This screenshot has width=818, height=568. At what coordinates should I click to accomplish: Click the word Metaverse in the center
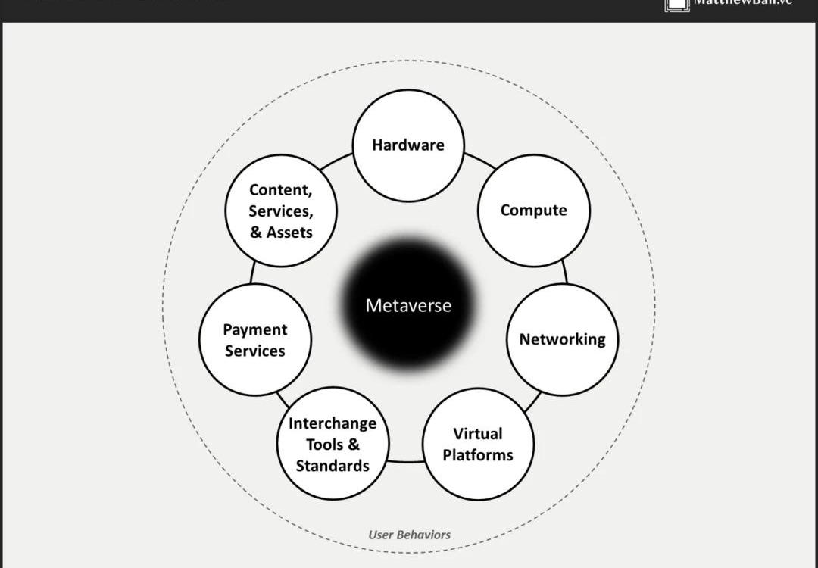408,306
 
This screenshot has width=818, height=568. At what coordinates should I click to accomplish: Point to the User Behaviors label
409,535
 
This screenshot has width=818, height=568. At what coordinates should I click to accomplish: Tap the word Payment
255,329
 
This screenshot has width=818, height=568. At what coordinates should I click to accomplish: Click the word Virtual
478,434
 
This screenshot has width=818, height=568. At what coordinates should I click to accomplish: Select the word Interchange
333,423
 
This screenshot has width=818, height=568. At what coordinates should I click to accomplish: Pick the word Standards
333,466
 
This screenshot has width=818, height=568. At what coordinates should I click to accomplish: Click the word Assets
289,233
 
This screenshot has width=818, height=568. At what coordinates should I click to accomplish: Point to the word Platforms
478,455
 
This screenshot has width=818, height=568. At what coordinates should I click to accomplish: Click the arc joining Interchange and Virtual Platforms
406,461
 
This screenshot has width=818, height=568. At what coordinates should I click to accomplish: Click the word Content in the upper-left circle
280,190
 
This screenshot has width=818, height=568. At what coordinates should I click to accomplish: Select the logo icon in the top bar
676,5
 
